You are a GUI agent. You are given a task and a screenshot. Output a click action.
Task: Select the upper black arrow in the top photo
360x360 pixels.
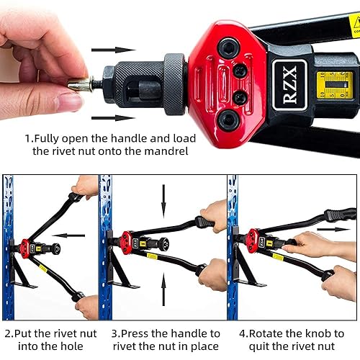pyautogui.click(x=114, y=50)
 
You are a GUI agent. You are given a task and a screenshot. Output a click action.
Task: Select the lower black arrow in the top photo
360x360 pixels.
pyautogui.click(x=114, y=117)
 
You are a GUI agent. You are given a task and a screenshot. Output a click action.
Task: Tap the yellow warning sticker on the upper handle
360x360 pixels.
pyautogui.click(x=354, y=25)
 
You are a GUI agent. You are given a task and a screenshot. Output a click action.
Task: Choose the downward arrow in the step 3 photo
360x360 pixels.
pyautogui.click(x=163, y=197)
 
